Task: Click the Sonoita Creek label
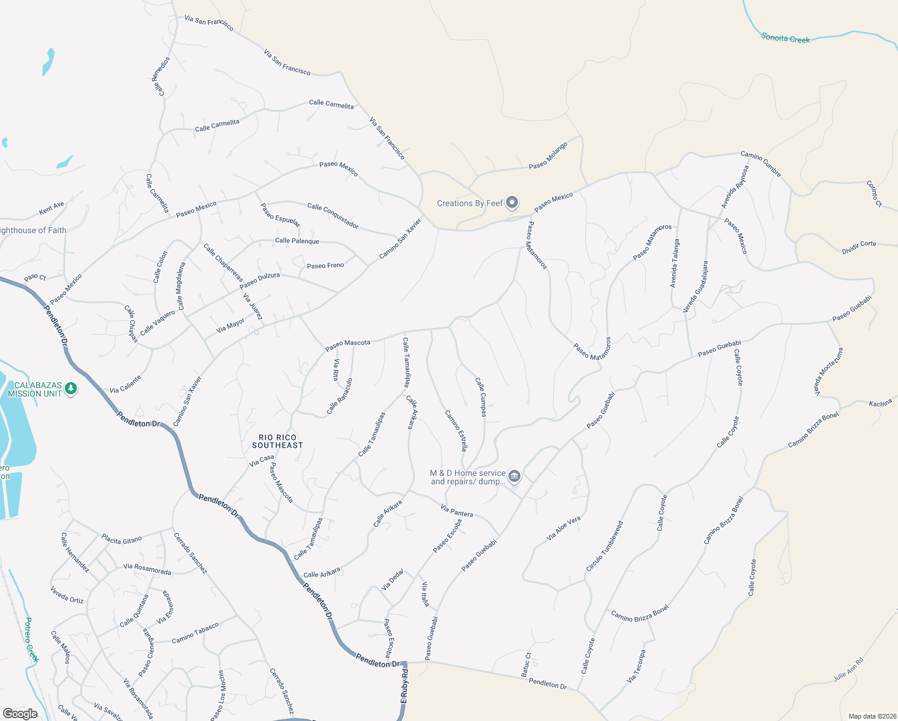click(785, 38)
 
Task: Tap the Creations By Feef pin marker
click(512, 202)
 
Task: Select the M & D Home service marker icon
click(514, 476)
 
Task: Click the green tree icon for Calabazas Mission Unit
click(71, 388)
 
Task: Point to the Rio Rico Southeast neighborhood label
click(277, 442)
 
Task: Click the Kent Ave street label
click(52, 208)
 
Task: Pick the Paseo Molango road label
click(548, 156)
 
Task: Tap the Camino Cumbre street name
click(761, 164)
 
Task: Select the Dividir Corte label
click(859, 247)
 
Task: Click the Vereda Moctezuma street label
click(828, 372)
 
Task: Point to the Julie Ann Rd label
click(848, 670)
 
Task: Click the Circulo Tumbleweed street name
click(604, 546)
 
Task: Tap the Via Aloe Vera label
click(564, 528)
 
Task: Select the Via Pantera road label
click(457, 511)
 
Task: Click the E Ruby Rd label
click(404, 686)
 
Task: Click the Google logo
click(20, 714)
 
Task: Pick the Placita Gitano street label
click(122, 539)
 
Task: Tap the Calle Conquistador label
click(333, 216)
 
